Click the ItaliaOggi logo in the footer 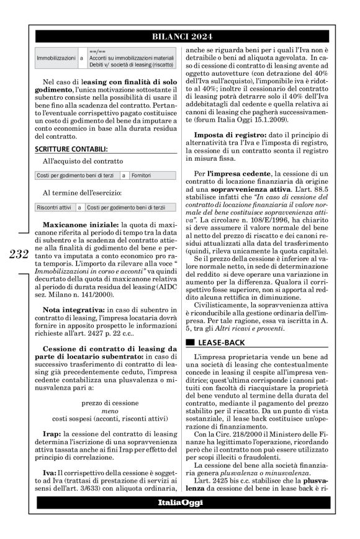point(179,502)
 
